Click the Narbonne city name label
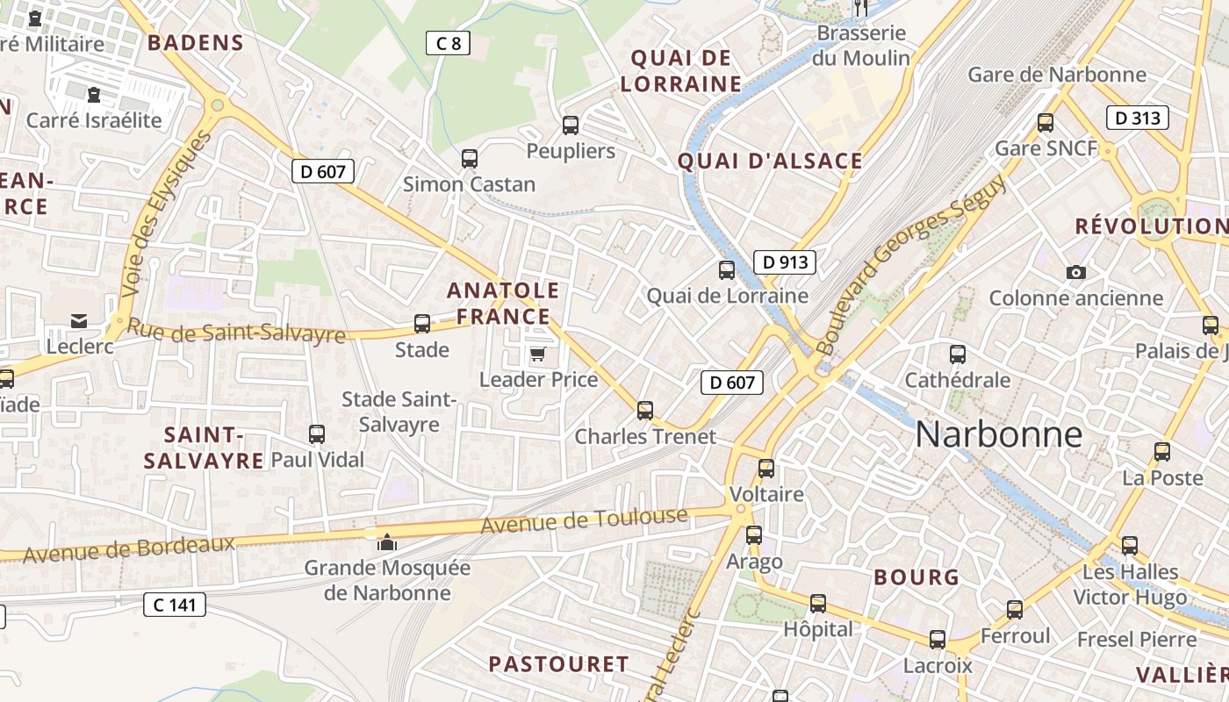pyautogui.click(x=998, y=434)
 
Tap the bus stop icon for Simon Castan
pyautogui.click(x=470, y=159)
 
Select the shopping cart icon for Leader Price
pyautogui.click(x=537, y=354)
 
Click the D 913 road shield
pyautogui.click(x=784, y=261)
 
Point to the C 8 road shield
pyautogui.click(x=448, y=43)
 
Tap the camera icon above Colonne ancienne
pyautogui.click(x=1075, y=273)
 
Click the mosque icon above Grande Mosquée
pyautogui.click(x=386, y=542)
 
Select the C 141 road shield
pyautogui.click(x=174, y=604)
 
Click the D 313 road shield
pyautogui.click(x=1138, y=118)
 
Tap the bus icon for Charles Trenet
pyautogui.click(x=645, y=410)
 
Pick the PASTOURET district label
pyautogui.click(x=558, y=664)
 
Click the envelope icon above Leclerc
pyautogui.click(x=80, y=320)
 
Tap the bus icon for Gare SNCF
pyautogui.click(x=1045, y=123)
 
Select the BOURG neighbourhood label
pyautogui.click(x=916, y=577)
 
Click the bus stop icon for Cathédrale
pyautogui.click(x=957, y=355)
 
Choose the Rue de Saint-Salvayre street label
pyautogui.click(x=236, y=332)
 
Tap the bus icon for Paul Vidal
pyautogui.click(x=317, y=433)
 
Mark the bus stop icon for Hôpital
pyautogui.click(x=817, y=604)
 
